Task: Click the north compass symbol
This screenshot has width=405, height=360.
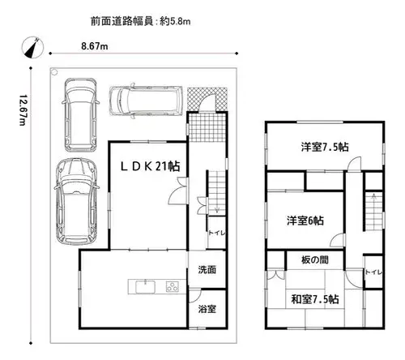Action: click(32, 47)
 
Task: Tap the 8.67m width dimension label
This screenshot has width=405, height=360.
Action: click(95, 46)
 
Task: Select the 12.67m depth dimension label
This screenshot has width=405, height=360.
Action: click(23, 110)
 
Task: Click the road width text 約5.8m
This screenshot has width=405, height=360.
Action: click(175, 21)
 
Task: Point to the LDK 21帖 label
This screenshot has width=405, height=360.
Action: click(151, 166)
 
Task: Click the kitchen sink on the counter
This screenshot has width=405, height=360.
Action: click(146, 287)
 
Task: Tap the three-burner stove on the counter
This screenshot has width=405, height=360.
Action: click(173, 286)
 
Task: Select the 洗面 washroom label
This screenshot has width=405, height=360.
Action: click(207, 269)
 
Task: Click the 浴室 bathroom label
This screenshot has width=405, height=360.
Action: click(207, 309)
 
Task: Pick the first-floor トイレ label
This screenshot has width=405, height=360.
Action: click(216, 233)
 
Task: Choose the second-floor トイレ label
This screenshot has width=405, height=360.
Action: click(373, 272)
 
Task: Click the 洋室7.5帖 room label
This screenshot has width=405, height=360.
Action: click(325, 147)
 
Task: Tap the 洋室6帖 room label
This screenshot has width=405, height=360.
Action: click(305, 221)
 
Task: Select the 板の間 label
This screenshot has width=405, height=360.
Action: click(315, 260)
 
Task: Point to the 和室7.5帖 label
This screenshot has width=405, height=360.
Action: click(315, 299)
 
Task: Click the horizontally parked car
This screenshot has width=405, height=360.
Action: click(146, 101)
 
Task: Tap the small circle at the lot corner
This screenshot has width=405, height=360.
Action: click(54, 72)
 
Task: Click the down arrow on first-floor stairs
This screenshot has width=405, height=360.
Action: click(217, 208)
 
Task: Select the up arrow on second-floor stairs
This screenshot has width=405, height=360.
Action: click(374, 197)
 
